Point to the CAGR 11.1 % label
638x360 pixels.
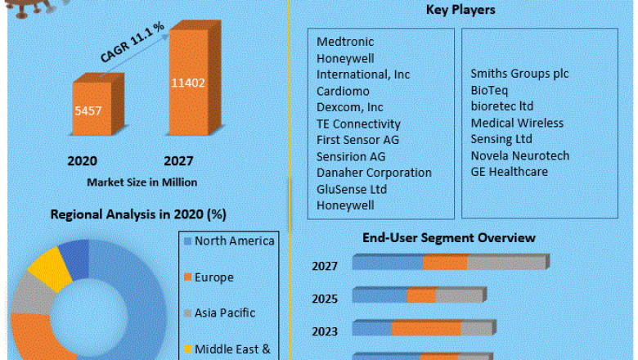[x=132, y=43]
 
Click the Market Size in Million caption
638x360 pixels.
[x=142, y=182]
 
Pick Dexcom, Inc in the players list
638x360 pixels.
[x=349, y=107]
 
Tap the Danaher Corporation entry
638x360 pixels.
[x=374, y=173]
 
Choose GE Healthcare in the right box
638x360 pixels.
[x=509, y=172]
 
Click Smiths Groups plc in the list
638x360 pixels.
[x=519, y=74]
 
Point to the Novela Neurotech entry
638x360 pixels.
[x=519, y=155]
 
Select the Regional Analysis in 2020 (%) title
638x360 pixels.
[x=138, y=214]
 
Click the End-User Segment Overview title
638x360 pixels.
[x=449, y=238]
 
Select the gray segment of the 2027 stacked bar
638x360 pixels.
[x=505, y=263]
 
